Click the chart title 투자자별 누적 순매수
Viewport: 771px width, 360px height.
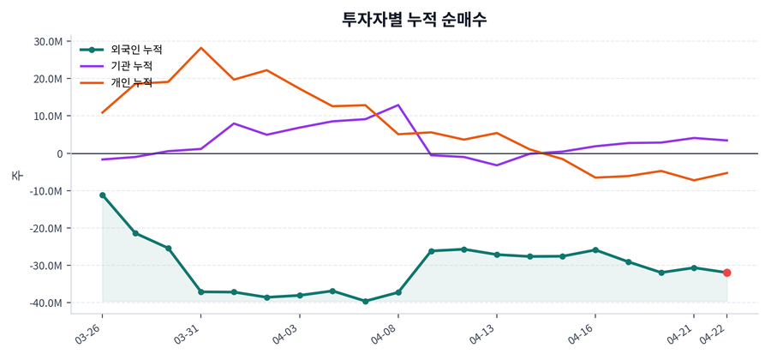415,20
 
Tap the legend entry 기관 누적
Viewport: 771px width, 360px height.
131,66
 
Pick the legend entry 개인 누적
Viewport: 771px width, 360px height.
131,82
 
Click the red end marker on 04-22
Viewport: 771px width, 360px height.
727,273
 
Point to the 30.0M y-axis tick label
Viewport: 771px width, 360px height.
48,41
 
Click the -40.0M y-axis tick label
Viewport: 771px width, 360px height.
46,303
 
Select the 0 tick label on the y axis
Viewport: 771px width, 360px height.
59,153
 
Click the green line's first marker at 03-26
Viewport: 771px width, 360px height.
103,195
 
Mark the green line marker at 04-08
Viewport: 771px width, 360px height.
398,292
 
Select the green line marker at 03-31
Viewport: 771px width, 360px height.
201,292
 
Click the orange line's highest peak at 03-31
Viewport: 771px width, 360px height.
201,48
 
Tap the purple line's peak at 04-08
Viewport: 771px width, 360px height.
398,105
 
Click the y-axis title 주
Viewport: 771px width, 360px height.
16,175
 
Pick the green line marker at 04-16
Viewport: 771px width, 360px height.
595,250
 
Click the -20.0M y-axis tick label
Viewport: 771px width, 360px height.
46,228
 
